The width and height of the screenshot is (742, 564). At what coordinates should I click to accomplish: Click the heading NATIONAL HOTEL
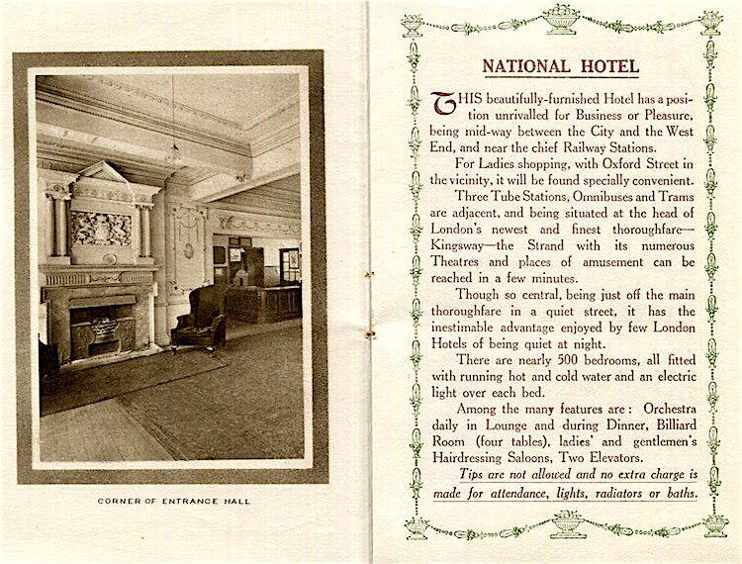(x=561, y=66)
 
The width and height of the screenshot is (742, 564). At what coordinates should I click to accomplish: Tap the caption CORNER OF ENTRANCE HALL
(x=174, y=502)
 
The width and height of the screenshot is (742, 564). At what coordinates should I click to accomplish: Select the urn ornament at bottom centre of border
(x=568, y=523)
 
